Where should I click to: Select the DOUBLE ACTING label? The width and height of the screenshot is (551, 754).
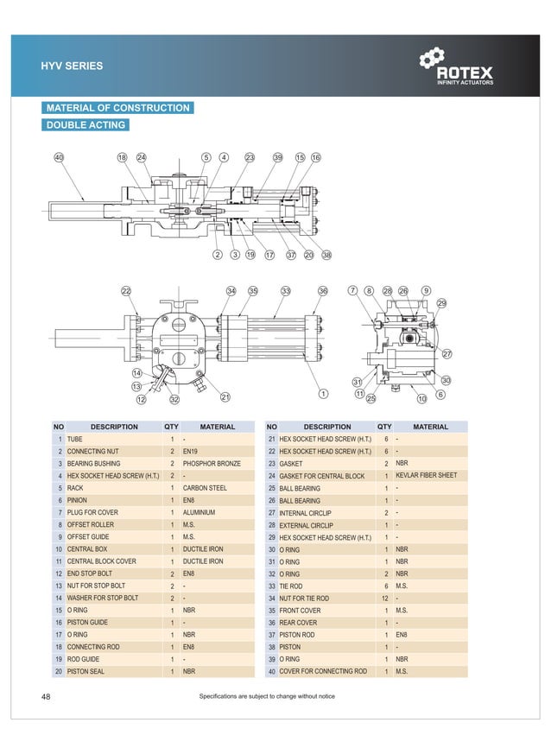(x=85, y=125)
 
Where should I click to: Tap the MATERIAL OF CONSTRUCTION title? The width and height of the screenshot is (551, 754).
(x=117, y=108)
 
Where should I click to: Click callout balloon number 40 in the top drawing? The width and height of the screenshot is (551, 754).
(x=59, y=157)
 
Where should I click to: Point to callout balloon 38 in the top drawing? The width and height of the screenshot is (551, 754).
(x=326, y=255)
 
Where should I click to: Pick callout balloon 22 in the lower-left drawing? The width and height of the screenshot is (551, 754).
(x=126, y=291)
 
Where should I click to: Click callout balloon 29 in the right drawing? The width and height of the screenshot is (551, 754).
(x=441, y=303)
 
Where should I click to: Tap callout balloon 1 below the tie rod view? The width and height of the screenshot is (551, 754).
(x=323, y=394)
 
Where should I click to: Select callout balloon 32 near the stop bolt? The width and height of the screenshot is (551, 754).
(x=174, y=399)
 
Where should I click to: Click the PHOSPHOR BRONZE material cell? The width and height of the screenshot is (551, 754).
(x=212, y=464)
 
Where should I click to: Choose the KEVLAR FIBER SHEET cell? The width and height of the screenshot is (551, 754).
(x=426, y=476)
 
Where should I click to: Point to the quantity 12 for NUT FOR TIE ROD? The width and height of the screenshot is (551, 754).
(x=384, y=598)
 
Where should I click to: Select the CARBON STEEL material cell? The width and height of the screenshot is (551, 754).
(x=205, y=488)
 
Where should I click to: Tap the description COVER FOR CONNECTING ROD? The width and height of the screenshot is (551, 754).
(x=323, y=671)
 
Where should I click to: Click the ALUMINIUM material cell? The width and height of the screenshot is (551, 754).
(x=199, y=512)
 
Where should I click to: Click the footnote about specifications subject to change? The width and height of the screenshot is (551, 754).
(x=266, y=696)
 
